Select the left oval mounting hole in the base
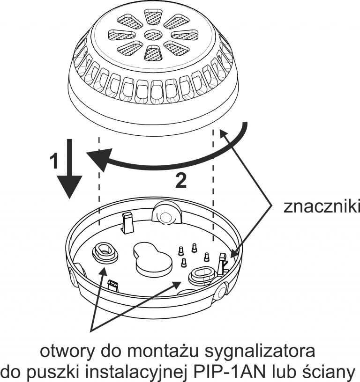tap(105, 251)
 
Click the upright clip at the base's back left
tap(127, 220)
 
